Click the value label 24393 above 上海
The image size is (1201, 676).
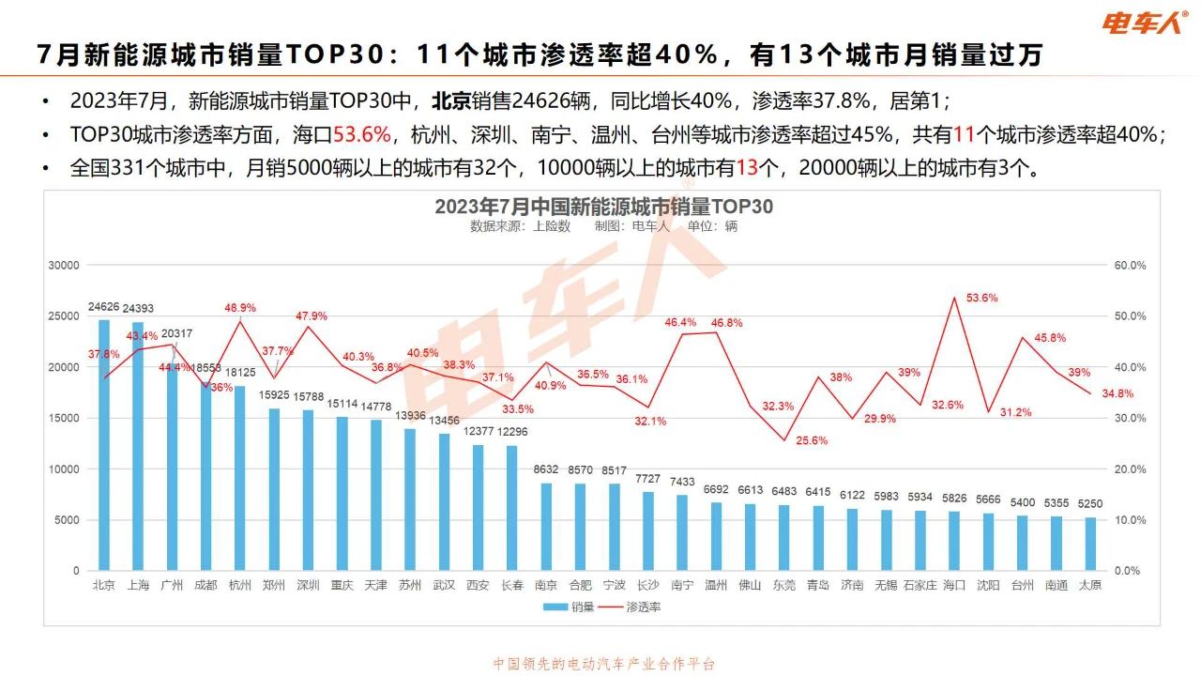tap(138, 308)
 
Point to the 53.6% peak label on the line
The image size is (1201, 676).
tap(956, 298)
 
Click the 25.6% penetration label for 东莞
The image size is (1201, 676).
tap(785, 440)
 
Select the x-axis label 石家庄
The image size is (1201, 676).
tap(920, 585)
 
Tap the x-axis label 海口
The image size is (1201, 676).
tap(954, 585)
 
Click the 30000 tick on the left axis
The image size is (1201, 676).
tap(64, 266)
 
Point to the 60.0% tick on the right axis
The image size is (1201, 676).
tap(1130, 266)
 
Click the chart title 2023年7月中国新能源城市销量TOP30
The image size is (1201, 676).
tap(603, 207)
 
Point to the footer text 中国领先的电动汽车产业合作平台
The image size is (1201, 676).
tap(603, 664)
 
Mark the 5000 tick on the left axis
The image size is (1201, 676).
tap(68, 520)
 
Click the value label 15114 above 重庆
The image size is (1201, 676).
tap(342, 405)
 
